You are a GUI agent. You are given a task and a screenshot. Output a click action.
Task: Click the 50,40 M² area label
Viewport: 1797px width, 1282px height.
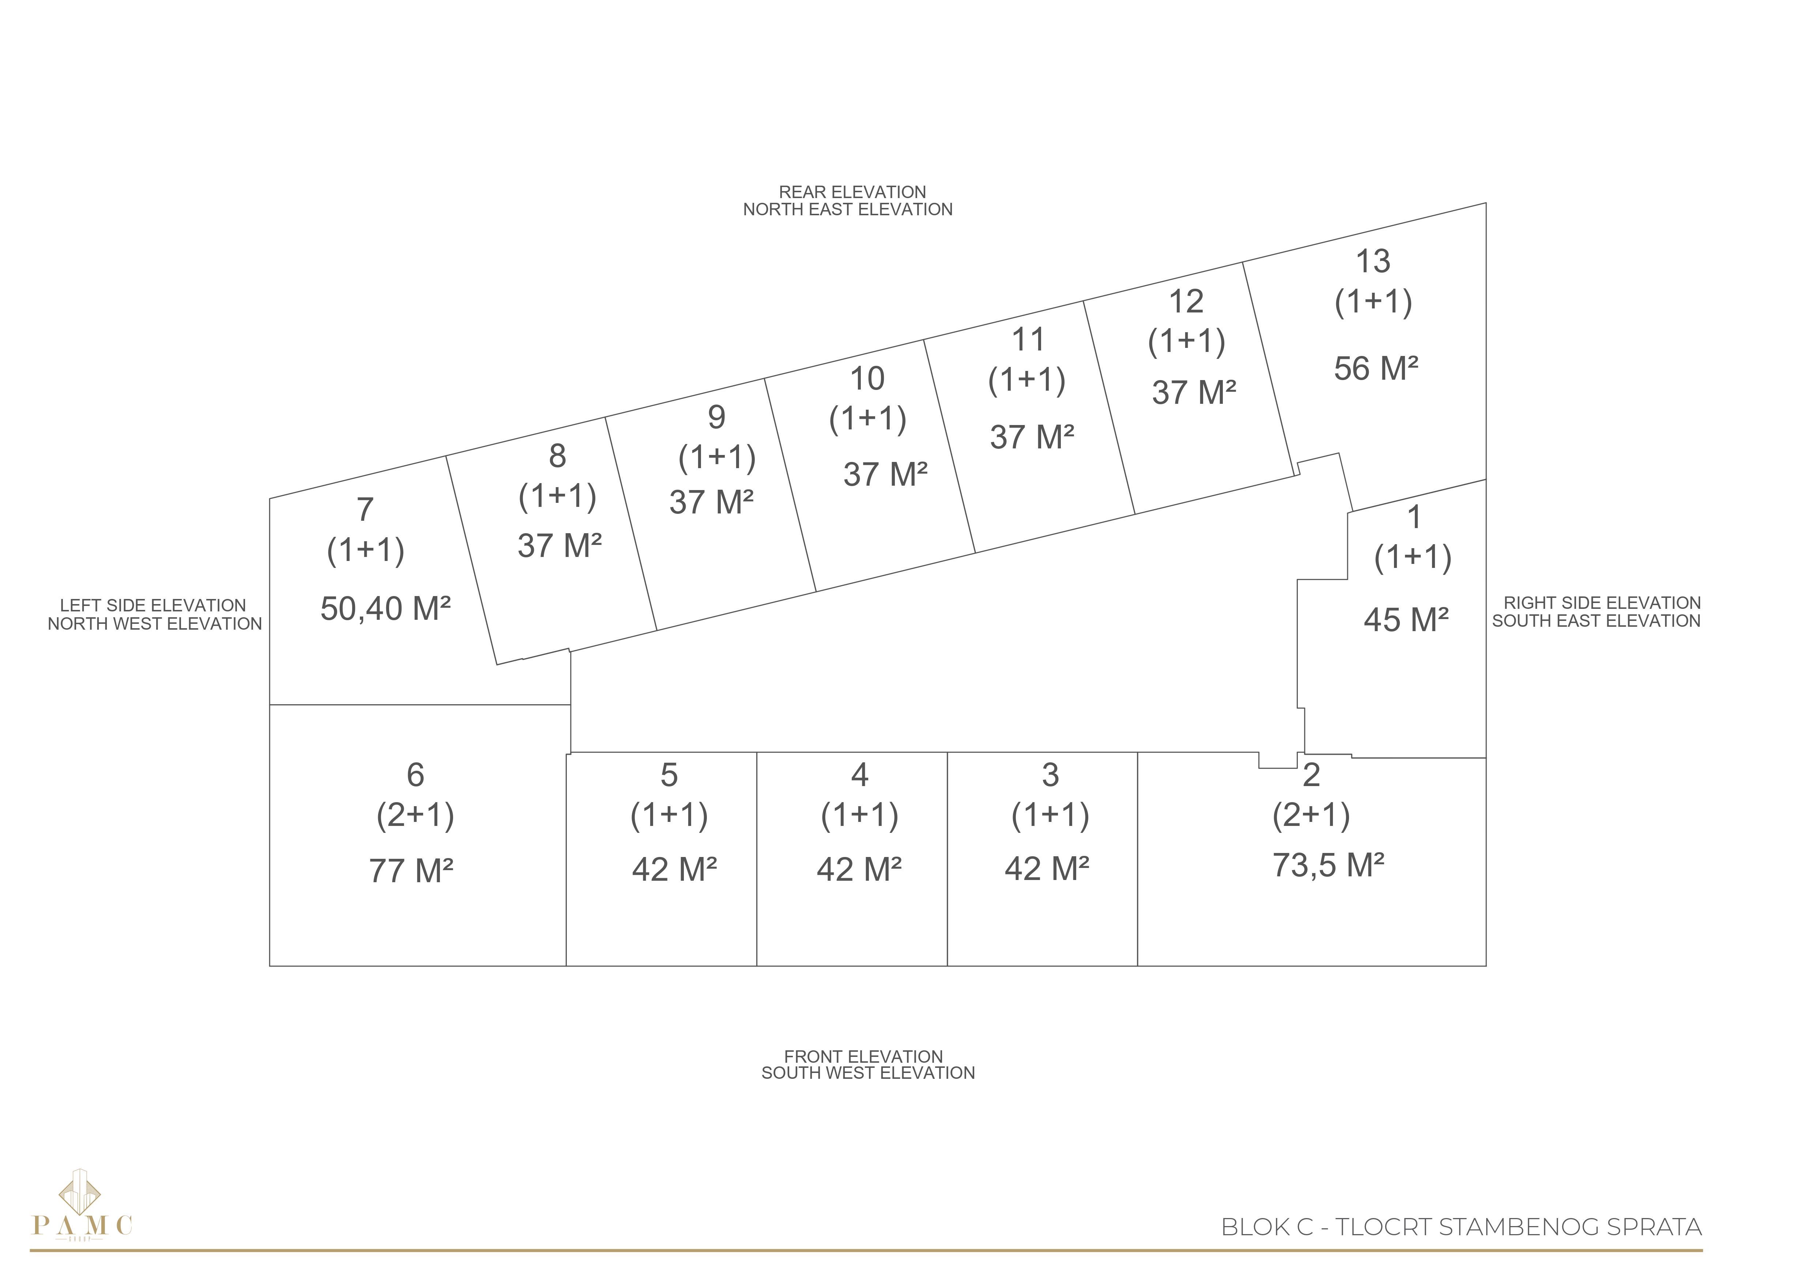(385, 608)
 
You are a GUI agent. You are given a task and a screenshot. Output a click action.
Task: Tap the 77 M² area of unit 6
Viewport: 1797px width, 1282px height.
(411, 871)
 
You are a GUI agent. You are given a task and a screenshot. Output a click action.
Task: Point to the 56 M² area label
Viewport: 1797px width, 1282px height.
(1376, 369)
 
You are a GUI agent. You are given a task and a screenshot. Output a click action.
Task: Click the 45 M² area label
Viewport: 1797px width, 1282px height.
(1406, 620)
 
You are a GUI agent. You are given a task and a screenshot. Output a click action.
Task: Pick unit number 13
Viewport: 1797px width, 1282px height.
(1373, 261)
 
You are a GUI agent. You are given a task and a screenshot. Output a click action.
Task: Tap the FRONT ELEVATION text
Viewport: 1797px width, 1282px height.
(863, 1056)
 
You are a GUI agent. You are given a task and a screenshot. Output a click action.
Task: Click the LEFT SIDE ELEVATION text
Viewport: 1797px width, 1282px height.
(153, 606)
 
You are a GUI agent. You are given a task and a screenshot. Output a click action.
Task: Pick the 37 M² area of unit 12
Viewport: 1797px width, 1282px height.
(1194, 392)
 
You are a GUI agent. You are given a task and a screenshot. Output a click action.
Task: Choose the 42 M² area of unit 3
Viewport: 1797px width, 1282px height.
(1047, 869)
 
